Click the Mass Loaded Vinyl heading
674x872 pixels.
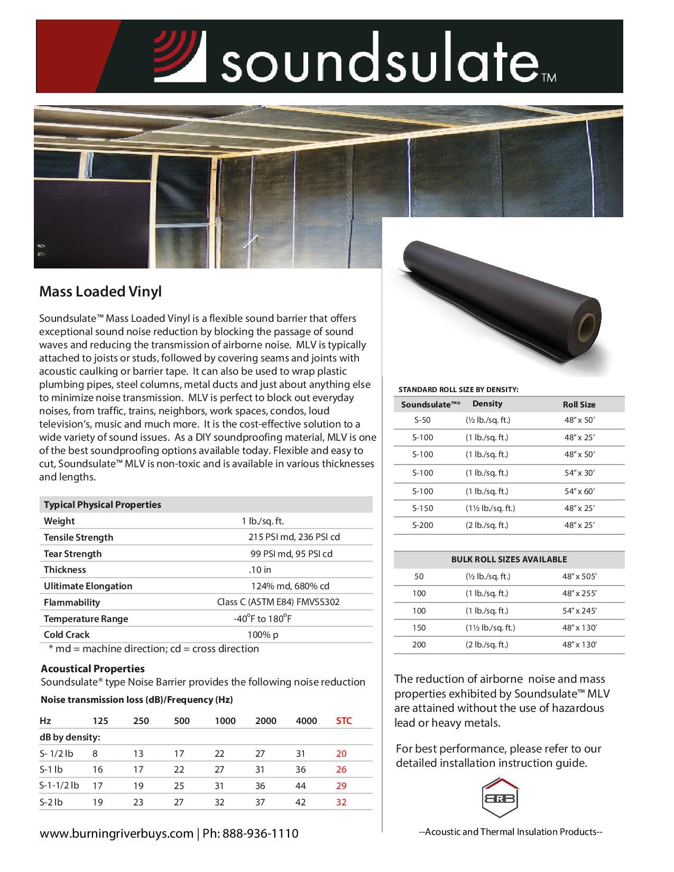click(x=100, y=292)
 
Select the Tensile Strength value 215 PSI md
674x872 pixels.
click(x=294, y=537)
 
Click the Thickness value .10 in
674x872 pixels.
click(x=260, y=570)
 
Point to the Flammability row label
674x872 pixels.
click(x=72, y=602)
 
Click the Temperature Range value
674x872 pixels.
click(x=263, y=618)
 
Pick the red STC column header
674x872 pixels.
click(x=344, y=721)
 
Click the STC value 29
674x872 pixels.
click(x=341, y=786)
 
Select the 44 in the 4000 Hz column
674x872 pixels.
click(x=301, y=786)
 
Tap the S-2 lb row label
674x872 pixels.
click(x=51, y=802)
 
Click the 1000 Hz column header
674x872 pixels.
click(x=225, y=721)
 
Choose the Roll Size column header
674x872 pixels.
click(x=579, y=404)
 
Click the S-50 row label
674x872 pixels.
click(x=422, y=420)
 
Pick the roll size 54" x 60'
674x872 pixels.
click(x=579, y=491)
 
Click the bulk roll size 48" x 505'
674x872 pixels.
click(x=579, y=577)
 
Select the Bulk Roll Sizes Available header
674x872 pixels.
click(x=509, y=559)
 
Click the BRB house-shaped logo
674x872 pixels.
click(x=500, y=797)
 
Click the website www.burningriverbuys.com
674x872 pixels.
click(x=116, y=834)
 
